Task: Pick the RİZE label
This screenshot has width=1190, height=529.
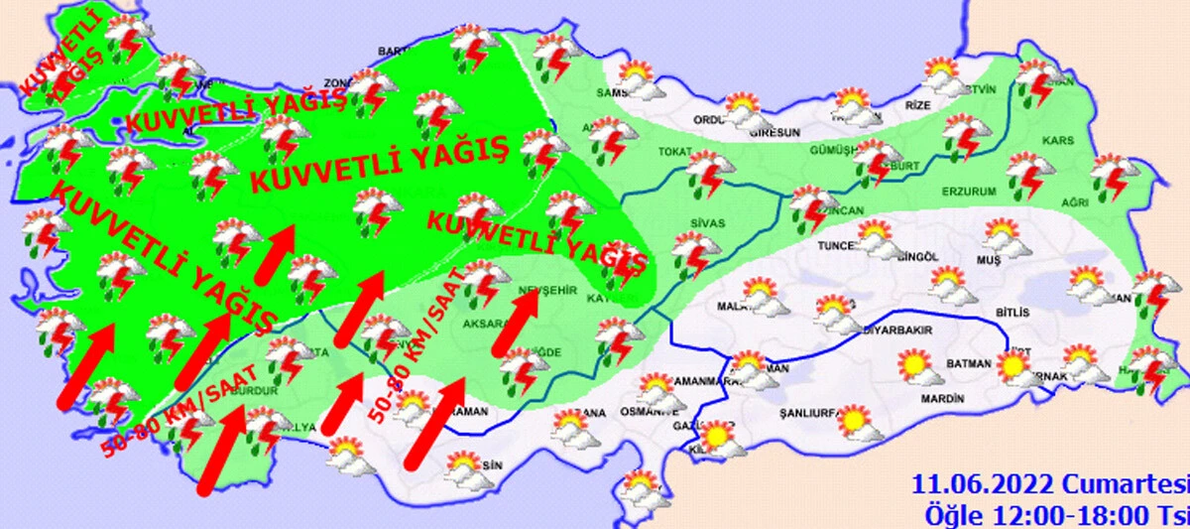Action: click(921, 103)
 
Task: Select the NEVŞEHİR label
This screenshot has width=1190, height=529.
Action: click(545, 289)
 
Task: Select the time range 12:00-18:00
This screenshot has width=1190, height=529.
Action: click(1066, 515)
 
